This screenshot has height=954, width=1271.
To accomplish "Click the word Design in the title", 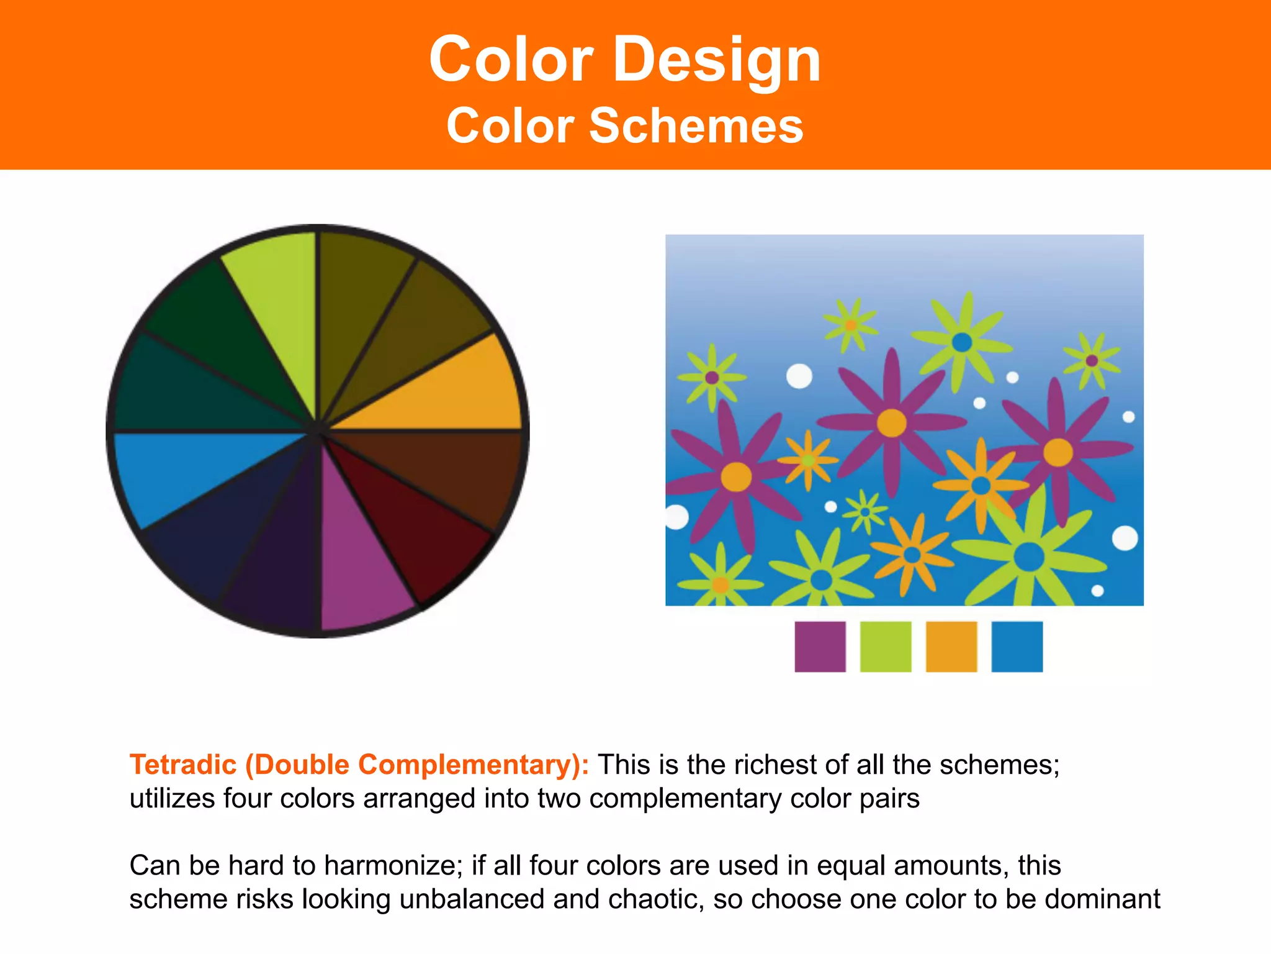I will pos(717,60).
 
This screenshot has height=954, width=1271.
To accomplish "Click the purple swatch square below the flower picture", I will pos(820,647).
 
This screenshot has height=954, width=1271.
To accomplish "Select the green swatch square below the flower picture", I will pos(886,647).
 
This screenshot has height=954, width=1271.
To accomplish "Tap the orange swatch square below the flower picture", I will pos(951,647).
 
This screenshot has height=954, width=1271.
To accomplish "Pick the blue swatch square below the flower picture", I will pos(1017,647).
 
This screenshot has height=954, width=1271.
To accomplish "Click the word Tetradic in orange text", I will pos(183,765).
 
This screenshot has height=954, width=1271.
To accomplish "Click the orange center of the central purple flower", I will pos(891,423).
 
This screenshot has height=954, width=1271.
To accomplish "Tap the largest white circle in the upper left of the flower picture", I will pos(799,376).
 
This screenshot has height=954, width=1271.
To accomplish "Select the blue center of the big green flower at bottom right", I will pos(1029,556).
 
